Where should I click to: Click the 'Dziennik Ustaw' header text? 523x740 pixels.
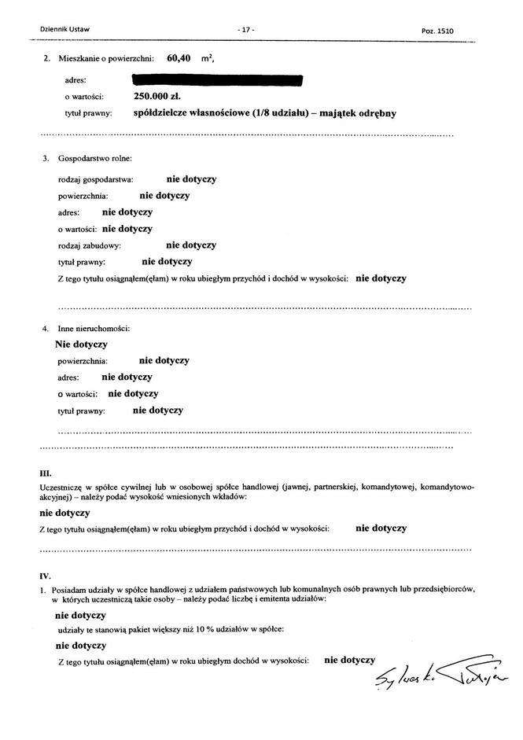[64, 30]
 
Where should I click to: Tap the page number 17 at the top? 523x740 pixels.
[245, 30]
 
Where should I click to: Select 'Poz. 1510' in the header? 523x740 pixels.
[438, 31]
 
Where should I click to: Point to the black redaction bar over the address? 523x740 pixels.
[218, 79]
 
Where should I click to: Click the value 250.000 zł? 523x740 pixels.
[157, 96]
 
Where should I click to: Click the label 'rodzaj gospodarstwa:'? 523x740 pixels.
[95, 180]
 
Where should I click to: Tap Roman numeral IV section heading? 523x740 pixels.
[45, 575]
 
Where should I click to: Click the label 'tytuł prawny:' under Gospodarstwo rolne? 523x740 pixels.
[82, 262]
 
